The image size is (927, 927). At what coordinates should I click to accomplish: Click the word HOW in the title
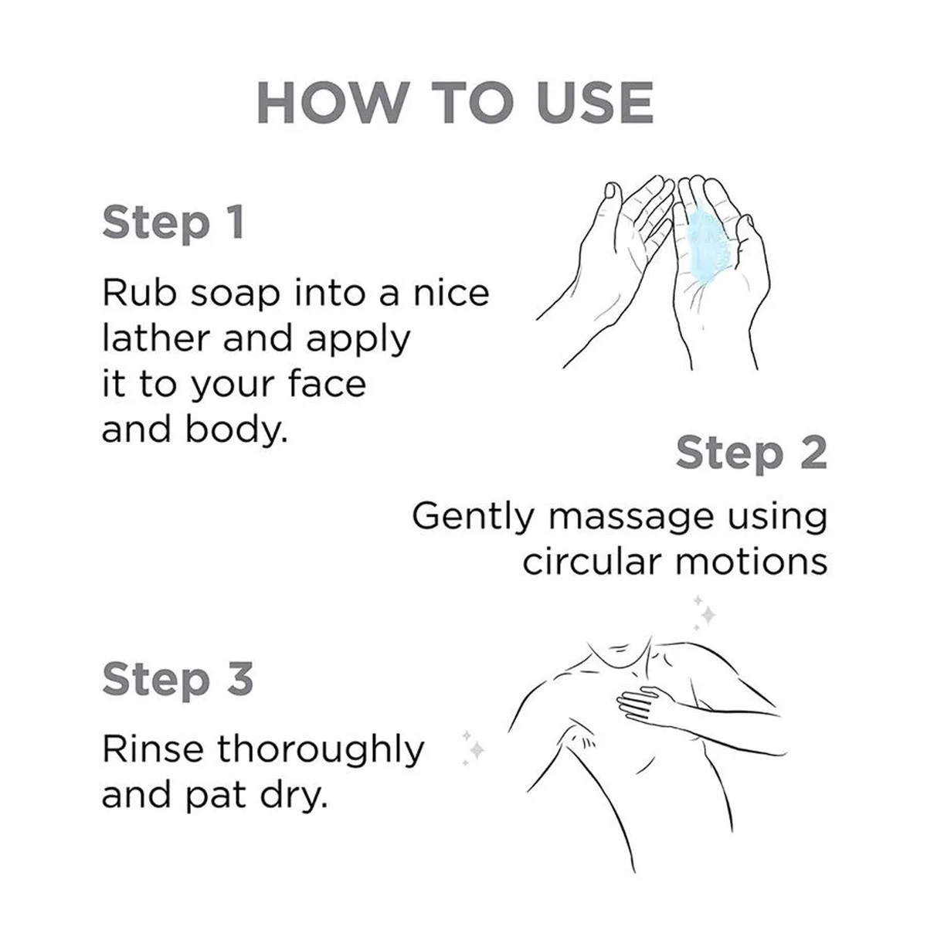click(x=331, y=103)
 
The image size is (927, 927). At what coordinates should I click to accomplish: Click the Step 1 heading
click(x=173, y=223)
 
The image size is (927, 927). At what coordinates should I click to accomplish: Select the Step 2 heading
click(x=751, y=453)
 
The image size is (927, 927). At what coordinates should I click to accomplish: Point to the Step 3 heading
click(x=178, y=681)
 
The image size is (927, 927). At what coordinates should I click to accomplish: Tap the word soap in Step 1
click(x=235, y=294)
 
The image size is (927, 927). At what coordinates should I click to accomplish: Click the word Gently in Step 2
click(x=473, y=518)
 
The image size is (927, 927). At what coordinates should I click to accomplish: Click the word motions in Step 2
click(x=751, y=562)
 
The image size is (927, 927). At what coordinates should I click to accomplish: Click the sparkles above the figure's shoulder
click(x=703, y=613)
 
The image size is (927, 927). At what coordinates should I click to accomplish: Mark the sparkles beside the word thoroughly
click(x=473, y=748)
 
